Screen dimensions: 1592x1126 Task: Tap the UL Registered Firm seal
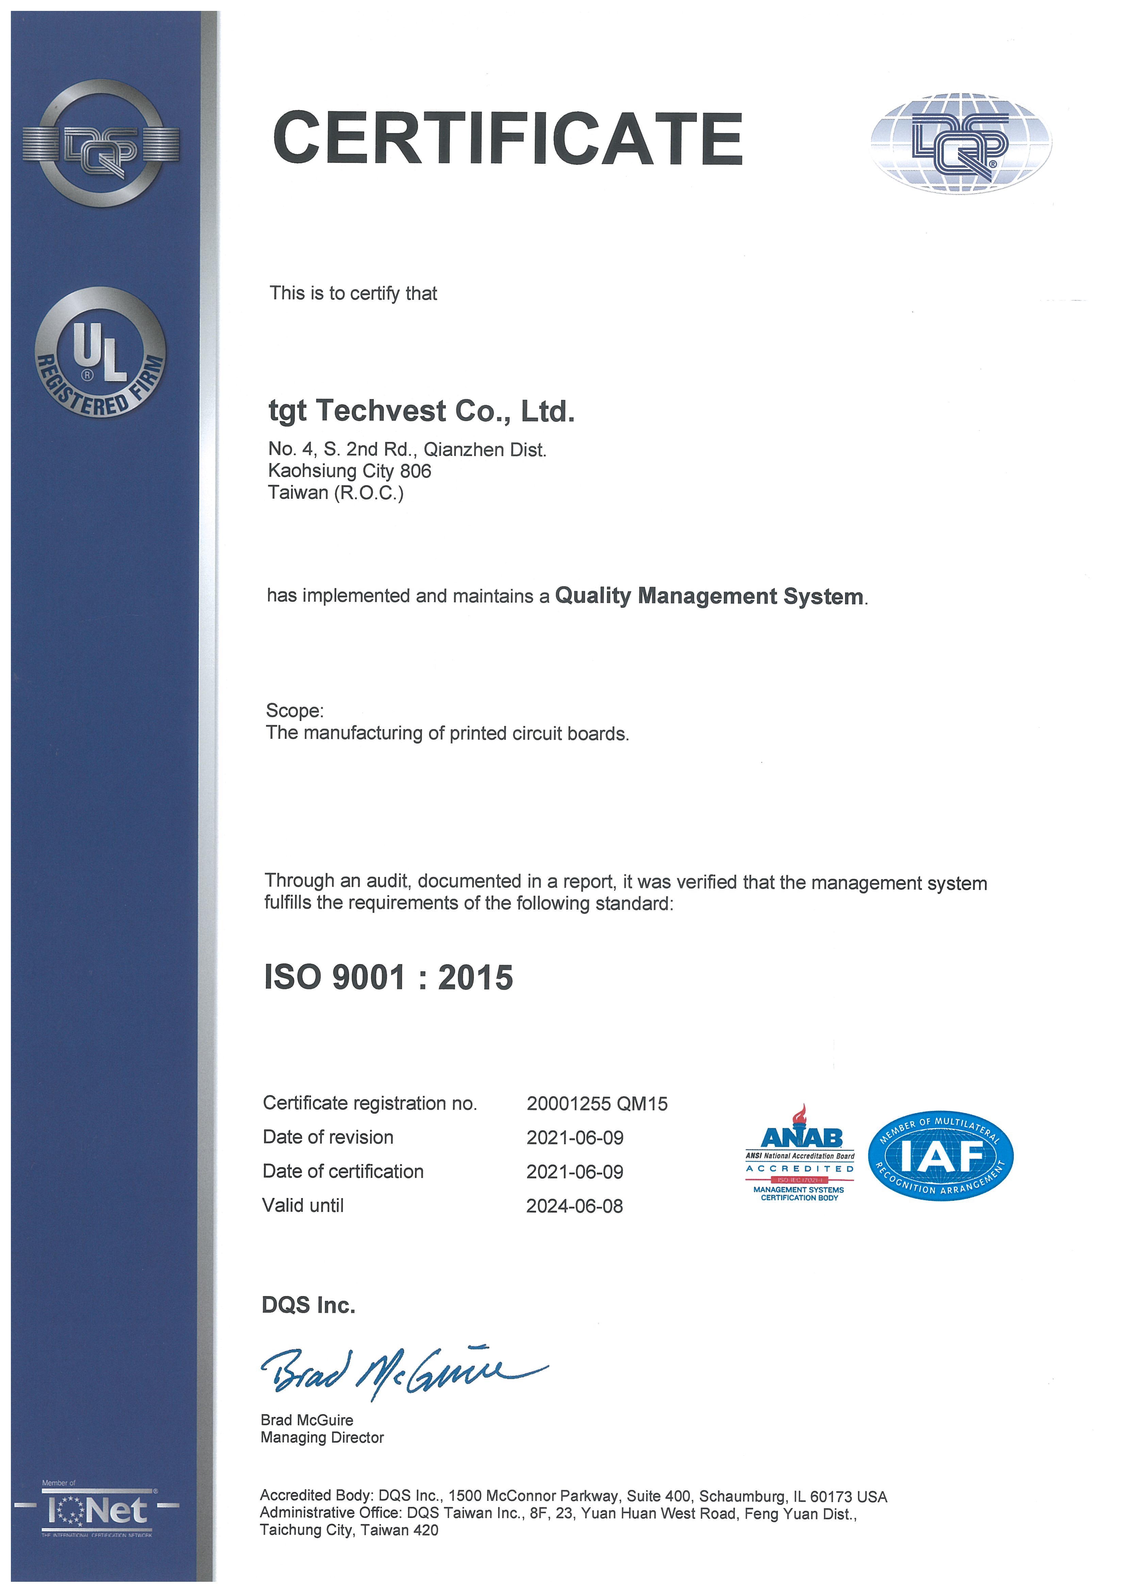101,354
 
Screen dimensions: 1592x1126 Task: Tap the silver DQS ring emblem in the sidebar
101,144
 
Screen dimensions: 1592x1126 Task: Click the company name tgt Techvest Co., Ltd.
421,411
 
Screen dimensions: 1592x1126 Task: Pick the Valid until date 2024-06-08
575,1206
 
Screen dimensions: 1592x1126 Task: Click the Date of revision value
575,1137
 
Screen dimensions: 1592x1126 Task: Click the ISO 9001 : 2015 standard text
388,978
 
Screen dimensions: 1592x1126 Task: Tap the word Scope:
295,711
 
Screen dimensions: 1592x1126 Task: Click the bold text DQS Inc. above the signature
309,1305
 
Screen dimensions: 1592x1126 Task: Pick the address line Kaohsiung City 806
349,471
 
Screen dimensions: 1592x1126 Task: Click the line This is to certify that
353,293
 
